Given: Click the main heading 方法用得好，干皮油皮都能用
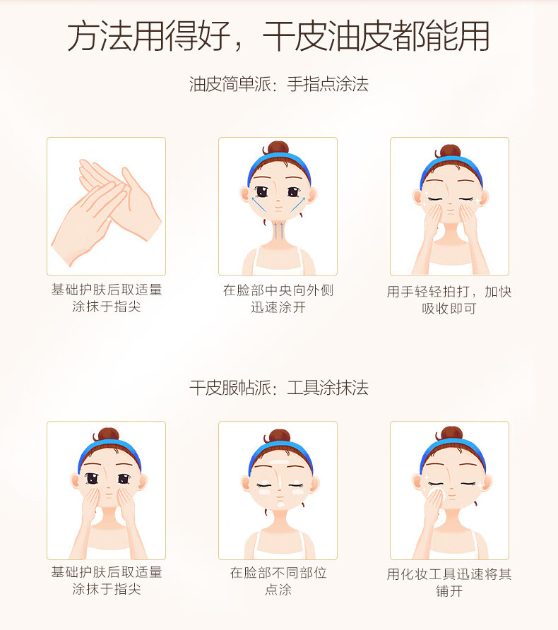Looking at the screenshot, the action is pos(278,36).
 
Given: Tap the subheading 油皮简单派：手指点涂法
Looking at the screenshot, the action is pos(279,84).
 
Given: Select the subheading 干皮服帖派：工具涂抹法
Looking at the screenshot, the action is pos(279,388).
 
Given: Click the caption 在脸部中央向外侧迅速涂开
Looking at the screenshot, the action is pos(278,299).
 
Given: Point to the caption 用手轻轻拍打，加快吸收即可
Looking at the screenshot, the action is pos(449,299).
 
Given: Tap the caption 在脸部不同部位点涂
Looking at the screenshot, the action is pos(278,581).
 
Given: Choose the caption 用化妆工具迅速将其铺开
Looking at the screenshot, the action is pos(449,582).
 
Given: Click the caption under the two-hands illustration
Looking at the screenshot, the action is pos(107,298).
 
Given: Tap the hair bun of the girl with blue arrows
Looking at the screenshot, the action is pos(278,148).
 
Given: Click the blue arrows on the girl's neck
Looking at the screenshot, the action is pos(281,230).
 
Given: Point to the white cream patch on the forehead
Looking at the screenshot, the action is pos(279,462).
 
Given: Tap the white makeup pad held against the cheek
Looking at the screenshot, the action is pos(437,494).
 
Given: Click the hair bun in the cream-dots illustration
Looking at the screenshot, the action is pos(279,436).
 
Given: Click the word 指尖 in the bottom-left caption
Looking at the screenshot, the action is pos(127,589).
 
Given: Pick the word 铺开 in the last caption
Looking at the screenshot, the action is pos(449,590).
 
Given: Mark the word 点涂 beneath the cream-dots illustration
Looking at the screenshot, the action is pos(278,590).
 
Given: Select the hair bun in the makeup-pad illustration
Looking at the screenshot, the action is pos(451,434).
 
